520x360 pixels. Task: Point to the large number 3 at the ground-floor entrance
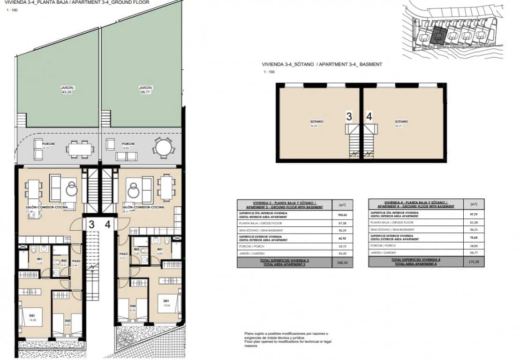coord(92,225)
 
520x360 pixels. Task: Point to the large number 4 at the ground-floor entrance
coord(108,225)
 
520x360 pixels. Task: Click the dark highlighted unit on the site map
coord(438,36)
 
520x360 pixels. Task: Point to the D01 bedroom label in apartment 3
coord(32,316)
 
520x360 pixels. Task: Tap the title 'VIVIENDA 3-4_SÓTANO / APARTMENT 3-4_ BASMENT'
coord(322,64)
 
